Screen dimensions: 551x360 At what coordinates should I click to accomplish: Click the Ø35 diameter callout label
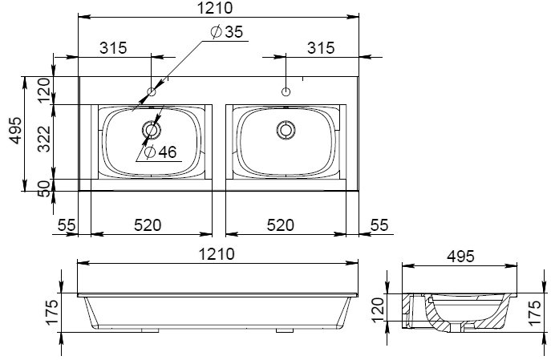click(x=227, y=31)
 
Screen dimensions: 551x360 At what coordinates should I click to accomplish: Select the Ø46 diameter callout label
click(x=160, y=152)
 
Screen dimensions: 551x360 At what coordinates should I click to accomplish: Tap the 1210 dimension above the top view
click(x=215, y=8)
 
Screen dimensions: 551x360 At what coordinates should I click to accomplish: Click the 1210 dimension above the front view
click(x=217, y=254)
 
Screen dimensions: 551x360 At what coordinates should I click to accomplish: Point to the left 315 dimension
click(x=113, y=48)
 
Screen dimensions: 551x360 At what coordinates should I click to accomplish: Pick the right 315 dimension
click(x=321, y=48)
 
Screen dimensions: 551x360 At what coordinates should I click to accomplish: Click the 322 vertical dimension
click(x=44, y=139)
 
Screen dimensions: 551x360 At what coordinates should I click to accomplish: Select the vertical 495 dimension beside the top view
click(x=15, y=131)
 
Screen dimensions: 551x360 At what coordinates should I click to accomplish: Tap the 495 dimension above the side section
click(x=460, y=257)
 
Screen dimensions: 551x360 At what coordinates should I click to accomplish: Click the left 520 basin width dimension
click(x=148, y=225)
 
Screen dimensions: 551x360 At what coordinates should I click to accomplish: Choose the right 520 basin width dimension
click(x=281, y=225)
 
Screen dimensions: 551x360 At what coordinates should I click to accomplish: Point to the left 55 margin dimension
click(x=67, y=225)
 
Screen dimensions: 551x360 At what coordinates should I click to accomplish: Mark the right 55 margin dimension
click(x=379, y=225)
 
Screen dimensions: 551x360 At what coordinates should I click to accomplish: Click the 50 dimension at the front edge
click(x=44, y=188)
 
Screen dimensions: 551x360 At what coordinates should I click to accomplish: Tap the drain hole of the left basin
click(x=152, y=130)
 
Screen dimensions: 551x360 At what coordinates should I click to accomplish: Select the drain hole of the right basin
click(x=286, y=130)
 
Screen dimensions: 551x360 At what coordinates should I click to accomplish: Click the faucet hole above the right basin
click(x=286, y=92)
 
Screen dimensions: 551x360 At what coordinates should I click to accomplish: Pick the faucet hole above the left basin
click(x=152, y=92)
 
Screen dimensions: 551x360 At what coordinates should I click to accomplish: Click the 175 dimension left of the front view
click(x=51, y=312)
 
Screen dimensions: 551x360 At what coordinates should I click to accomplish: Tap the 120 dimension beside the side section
click(x=378, y=310)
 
